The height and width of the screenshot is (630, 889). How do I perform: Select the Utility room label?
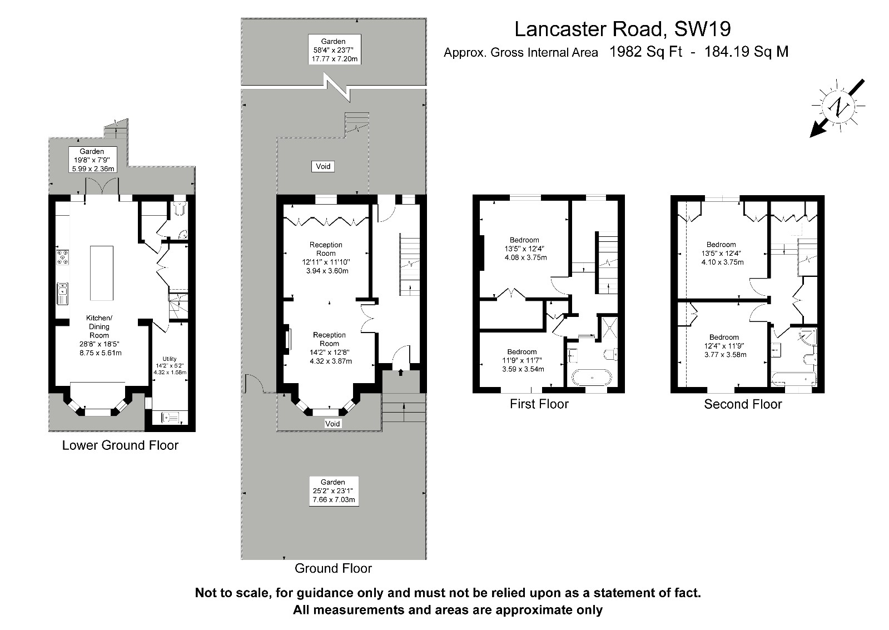point(170,366)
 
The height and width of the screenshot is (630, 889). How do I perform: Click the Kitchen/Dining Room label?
point(100,335)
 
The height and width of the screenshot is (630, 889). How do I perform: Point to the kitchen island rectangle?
point(102,273)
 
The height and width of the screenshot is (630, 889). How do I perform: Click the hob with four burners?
point(63,257)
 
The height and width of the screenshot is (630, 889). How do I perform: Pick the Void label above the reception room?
point(323,166)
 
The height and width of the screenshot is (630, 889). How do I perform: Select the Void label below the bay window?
point(332,424)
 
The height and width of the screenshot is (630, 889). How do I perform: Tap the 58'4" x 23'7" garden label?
point(334,50)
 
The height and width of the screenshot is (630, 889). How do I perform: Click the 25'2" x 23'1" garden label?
point(334,491)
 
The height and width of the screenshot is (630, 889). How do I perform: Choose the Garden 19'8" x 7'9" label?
point(92,160)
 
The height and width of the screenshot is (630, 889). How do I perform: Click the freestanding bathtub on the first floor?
point(592,378)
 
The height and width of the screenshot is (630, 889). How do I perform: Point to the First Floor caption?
point(539,404)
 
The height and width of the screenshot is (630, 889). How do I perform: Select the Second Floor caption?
point(743,404)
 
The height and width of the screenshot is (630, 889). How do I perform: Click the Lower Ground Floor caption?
point(120,445)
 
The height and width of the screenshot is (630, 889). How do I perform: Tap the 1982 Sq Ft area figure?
point(645,52)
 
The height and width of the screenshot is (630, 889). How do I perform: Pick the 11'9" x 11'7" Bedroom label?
point(522,360)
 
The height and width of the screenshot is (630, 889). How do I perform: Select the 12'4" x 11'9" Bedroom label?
point(724,346)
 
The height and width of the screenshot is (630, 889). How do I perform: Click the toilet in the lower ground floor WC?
point(180,209)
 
